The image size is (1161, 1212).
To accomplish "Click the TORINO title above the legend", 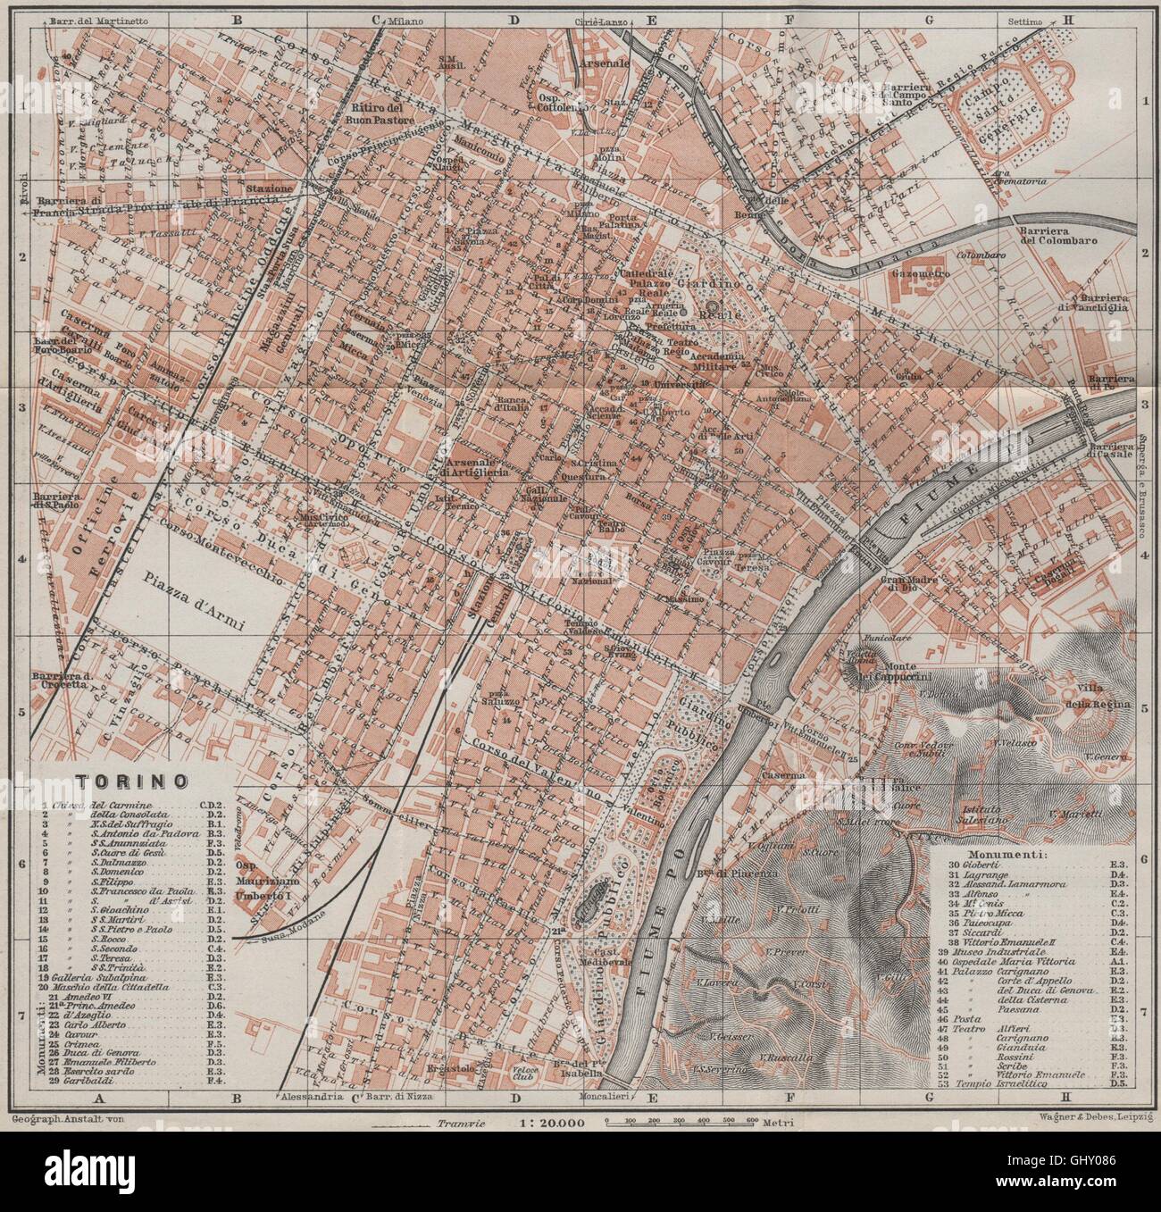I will [131, 780].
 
